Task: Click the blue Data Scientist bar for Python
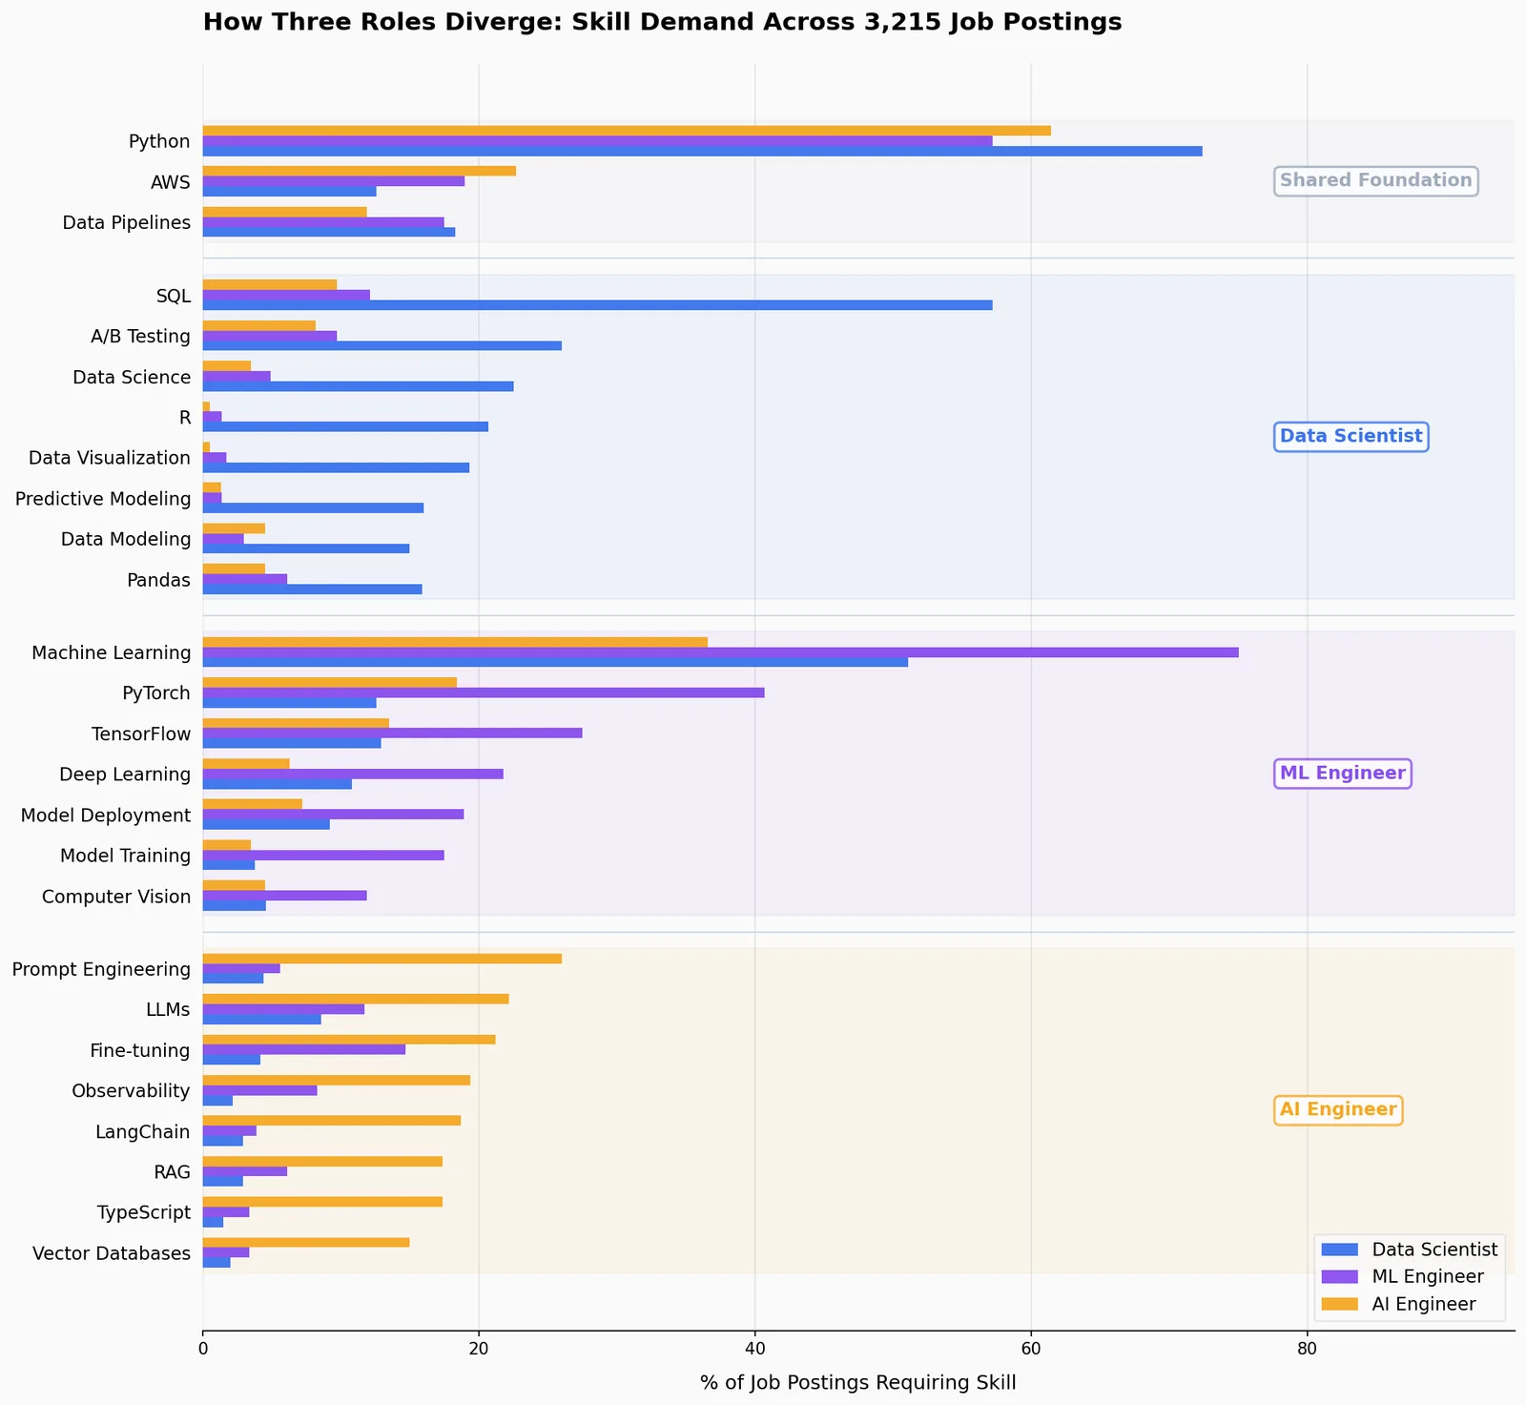coord(702,152)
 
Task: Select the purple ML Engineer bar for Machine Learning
coord(721,652)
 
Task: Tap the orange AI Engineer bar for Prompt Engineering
coord(382,959)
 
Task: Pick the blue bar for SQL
coord(598,305)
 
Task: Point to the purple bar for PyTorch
coord(484,692)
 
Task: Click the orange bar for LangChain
coord(332,1121)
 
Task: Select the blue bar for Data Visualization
coord(336,468)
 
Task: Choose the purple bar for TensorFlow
coord(393,733)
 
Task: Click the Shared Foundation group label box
coord(1376,180)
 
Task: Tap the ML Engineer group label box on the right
coord(1343,774)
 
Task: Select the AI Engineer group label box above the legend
coord(1338,1110)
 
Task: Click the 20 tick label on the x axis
coord(479,1351)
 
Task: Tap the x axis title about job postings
coord(858,1383)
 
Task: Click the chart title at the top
coord(662,22)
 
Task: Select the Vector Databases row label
coord(112,1253)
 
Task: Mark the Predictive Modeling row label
coord(103,499)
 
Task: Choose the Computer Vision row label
coord(116,897)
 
